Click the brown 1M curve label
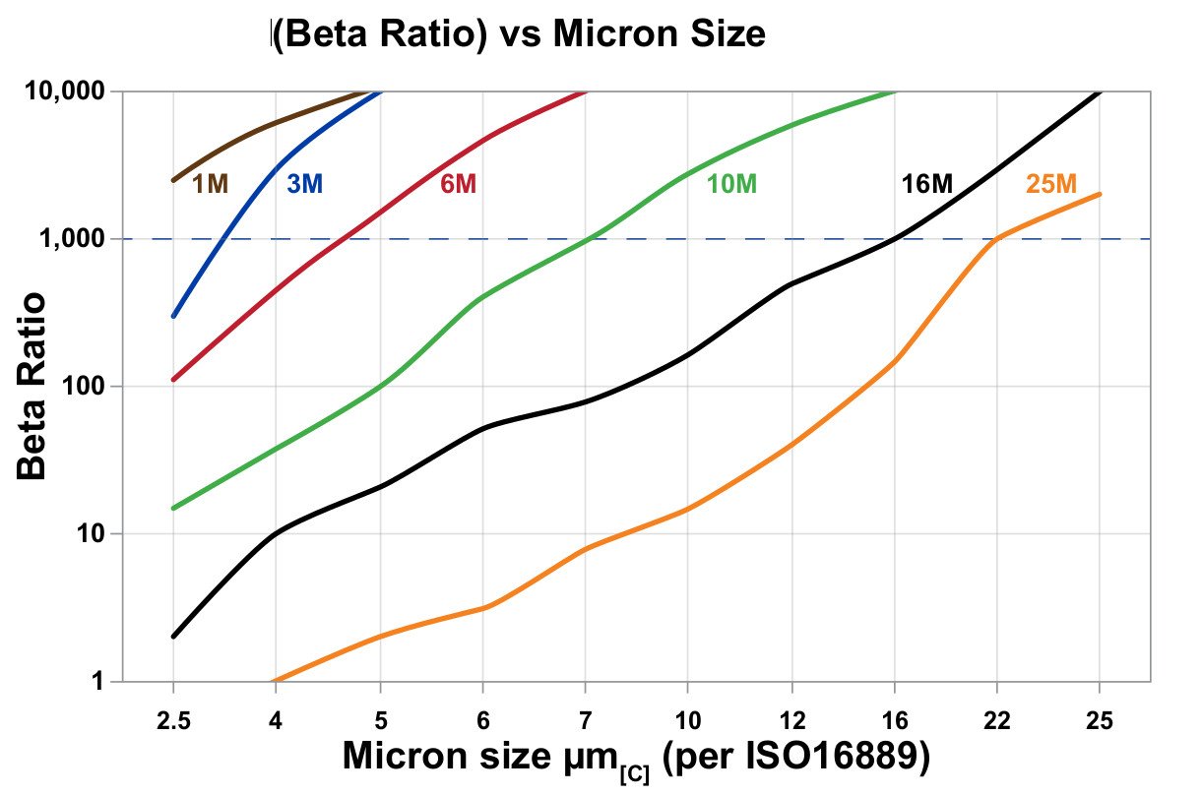(210, 184)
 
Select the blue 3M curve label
(304, 184)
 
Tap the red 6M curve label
(458, 184)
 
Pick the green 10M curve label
(731, 184)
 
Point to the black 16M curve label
(927, 184)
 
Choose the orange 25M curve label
(1051, 184)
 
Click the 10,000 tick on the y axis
(61, 92)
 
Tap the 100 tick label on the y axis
(83, 387)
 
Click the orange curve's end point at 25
(1100, 194)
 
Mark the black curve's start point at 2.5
(173, 637)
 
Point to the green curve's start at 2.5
(173, 508)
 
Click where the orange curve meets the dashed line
(996, 239)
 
